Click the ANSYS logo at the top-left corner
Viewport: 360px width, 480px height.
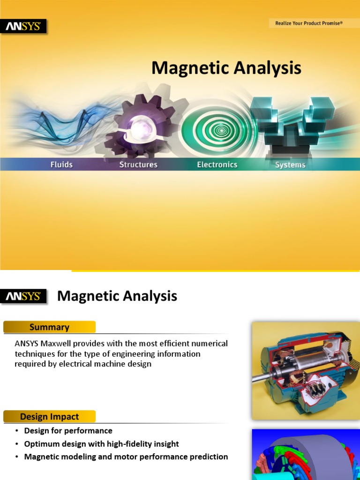point(23,27)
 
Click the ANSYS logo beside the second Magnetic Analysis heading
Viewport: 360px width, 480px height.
point(23,297)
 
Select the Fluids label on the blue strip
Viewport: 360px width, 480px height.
point(61,165)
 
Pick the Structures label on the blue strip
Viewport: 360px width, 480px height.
point(138,165)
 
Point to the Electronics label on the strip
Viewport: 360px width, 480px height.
point(217,165)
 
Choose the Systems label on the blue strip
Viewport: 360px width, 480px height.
point(290,165)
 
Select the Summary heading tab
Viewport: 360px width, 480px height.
point(49,327)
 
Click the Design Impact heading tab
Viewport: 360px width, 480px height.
point(49,416)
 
